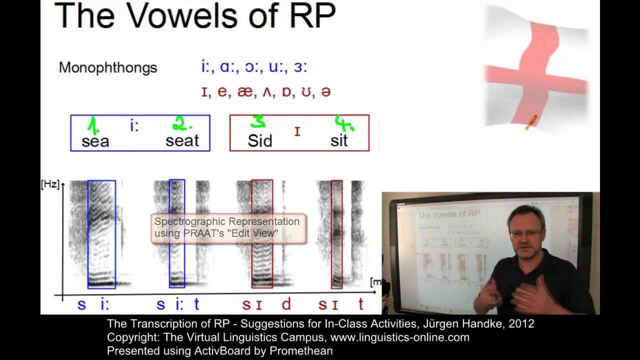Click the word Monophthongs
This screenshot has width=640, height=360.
pos(108,67)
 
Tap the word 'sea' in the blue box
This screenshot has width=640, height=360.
pos(95,141)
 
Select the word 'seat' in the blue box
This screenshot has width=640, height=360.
pos(182,141)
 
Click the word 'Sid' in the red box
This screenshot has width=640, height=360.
pos(260,141)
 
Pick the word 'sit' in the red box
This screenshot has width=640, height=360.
pos(339,141)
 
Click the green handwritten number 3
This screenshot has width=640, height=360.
pos(258,122)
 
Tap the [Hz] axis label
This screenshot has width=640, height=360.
pos(50,184)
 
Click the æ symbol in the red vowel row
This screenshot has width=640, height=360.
pos(244,92)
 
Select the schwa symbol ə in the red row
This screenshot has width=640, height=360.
pos(325,92)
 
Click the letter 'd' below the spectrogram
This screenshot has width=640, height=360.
pos(286,304)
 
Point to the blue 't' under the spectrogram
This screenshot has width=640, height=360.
pos(196,304)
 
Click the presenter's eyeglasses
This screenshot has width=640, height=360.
pos(525,233)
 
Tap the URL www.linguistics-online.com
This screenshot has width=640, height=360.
pos(400,337)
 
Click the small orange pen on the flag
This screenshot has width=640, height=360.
pos(530,121)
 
